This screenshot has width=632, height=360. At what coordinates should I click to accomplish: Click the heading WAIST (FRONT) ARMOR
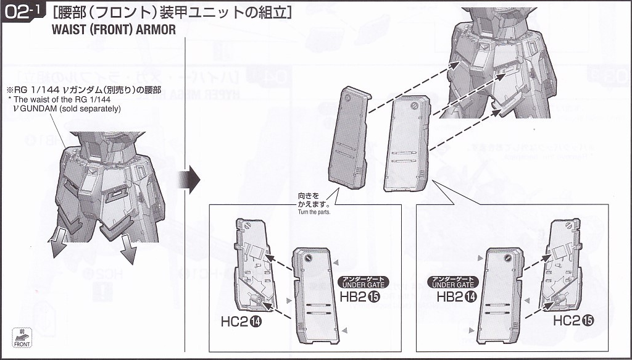(x=114, y=30)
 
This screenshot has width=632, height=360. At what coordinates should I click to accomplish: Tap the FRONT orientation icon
(x=22, y=338)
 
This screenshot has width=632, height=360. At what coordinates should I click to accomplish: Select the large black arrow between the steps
(x=189, y=179)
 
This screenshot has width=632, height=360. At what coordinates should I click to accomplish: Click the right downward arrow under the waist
(x=129, y=248)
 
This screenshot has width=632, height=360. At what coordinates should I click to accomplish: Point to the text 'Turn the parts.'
(x=314, y=212)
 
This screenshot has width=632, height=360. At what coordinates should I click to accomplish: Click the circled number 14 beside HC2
(x=256, y=322)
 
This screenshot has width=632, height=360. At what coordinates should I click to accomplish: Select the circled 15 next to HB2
(x=374, y=296)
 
